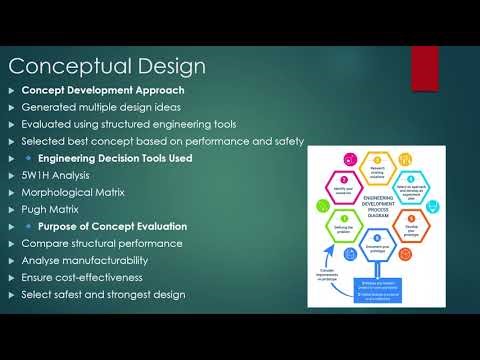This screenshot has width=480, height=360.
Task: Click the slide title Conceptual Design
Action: click(107, 67)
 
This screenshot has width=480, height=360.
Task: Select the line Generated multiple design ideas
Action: click(99, 108)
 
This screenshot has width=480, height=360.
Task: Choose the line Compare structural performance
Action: click(102, 243)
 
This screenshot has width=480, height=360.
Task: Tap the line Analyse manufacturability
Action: click(89, 260)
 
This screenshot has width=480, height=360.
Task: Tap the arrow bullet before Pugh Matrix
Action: click(12, 209)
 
